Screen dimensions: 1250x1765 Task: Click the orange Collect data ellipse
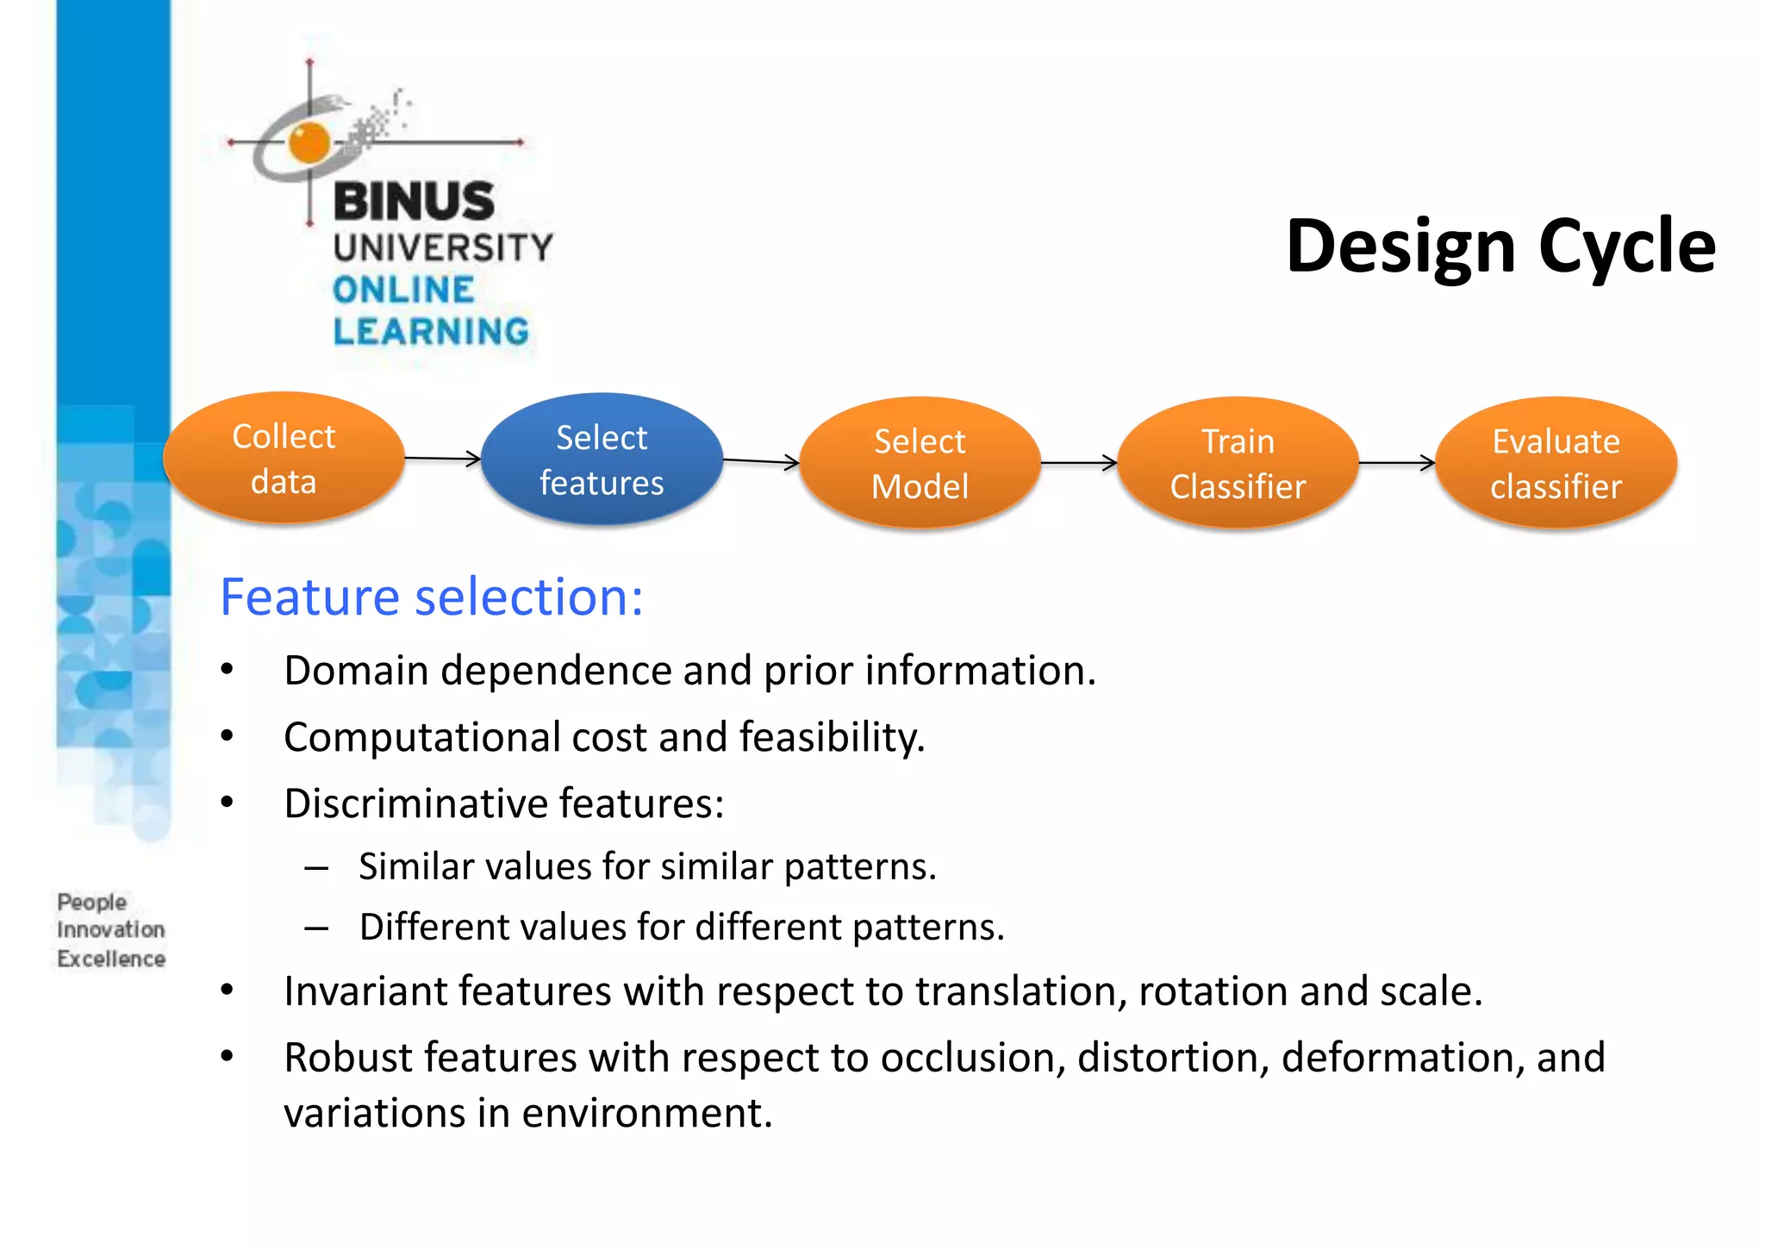284,459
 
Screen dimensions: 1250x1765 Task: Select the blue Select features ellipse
602,459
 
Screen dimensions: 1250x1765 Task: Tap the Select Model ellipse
920,463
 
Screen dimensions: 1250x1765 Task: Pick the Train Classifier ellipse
1238,463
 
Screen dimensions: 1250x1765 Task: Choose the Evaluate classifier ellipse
1556,463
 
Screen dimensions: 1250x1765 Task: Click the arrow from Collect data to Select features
442,458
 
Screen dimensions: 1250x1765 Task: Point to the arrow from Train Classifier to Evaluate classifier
1396,463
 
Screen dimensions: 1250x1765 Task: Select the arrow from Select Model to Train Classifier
1078,463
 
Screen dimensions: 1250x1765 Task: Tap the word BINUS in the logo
414,201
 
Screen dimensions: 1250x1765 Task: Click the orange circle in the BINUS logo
309,142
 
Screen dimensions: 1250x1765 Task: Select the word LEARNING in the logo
431,331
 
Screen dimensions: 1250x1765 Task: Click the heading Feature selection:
431,597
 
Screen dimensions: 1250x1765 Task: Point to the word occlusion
972,1058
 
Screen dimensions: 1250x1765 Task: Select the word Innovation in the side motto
110,929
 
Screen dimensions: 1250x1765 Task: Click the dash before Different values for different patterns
316,928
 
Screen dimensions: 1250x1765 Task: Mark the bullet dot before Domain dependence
227,670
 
